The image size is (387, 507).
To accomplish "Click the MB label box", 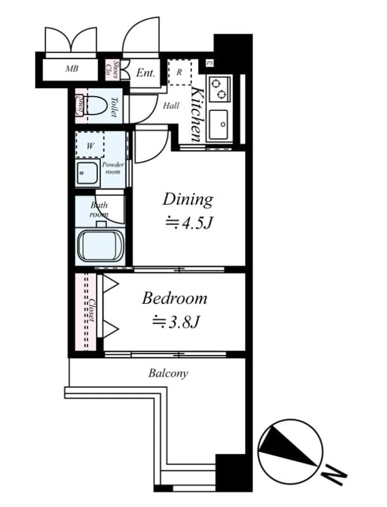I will click(x=72, y=68).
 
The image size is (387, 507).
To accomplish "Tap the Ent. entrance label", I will click(x=145, y=73).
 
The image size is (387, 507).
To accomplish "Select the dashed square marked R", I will click(x=180, y=72).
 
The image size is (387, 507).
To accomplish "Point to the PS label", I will click(x=210, y=63).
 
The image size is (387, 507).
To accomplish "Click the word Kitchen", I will click(x=197, y=114).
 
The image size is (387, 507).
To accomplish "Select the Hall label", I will click(x=171, y=106).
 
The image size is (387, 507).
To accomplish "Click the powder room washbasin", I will click(x=87, y=173).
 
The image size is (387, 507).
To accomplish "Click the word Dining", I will click(x=188, y=199).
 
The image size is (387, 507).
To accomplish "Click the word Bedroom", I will click(x=174, y=297).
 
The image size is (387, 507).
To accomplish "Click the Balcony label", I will click(x=168, y=373).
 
